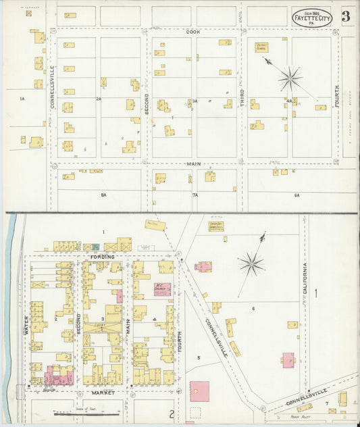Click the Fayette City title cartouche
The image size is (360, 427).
coord(311,17)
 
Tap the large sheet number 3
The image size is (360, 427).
coord(345,17)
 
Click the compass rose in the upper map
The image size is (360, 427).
coord(290,78)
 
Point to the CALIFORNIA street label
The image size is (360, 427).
coord(305,277)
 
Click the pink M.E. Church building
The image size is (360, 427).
coord(162,289)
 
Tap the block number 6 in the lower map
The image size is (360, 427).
coord(253,309)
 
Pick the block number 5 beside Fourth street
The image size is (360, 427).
coord(198,357)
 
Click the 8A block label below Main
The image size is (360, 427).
coord(103,195)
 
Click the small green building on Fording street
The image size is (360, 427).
coord(96,247)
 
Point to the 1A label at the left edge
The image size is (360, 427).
coord(22,99)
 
